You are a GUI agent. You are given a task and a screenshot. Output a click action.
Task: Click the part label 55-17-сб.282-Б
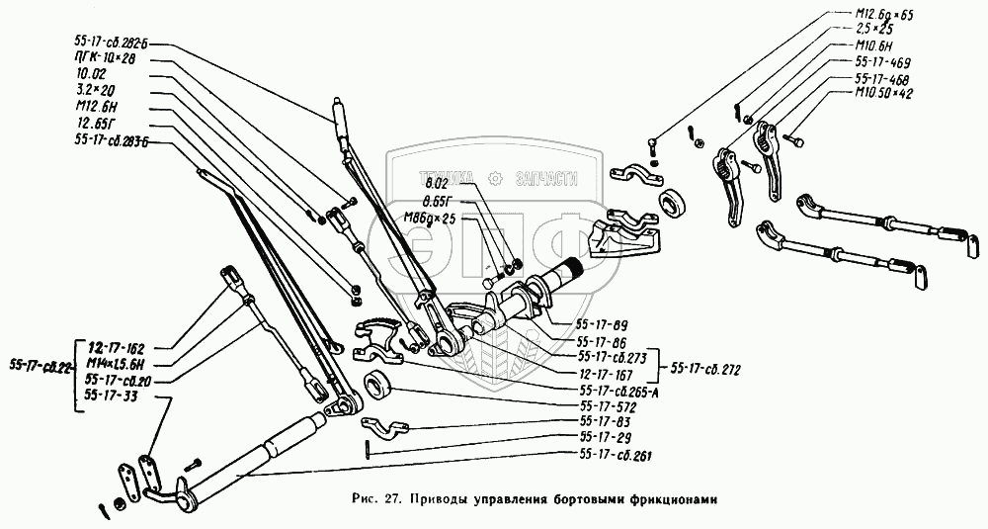coord(115,44)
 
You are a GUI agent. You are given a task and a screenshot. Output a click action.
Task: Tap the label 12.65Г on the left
coord(95,123)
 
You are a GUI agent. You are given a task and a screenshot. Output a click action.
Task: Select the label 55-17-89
coord(602,323)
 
